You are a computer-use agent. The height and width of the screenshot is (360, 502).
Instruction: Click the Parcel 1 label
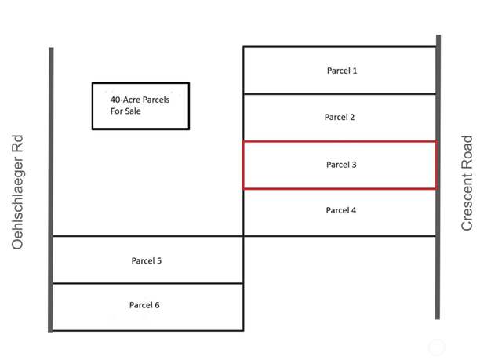(x=342, y=71)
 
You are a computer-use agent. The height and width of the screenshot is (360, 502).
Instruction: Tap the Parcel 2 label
(x=340, y=117)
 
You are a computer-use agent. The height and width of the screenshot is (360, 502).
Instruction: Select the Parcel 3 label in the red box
(x=341, y=165)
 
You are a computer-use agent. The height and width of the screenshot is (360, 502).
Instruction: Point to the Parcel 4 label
(x=341, y=210)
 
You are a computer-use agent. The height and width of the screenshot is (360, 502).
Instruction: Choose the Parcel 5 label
(x=147, y=260)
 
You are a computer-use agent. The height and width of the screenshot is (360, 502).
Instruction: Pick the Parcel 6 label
(x=144, y=305)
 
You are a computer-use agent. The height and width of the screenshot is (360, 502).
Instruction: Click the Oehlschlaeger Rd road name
(x=18, y=192)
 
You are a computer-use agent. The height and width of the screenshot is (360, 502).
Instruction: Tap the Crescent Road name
(x=467, y=183)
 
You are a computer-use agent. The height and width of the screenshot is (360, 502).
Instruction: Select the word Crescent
(x=467, y=200)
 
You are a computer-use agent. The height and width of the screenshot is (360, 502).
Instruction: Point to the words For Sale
(x=125, y=111)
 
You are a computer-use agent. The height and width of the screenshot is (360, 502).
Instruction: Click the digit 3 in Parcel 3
(x=354, y=165)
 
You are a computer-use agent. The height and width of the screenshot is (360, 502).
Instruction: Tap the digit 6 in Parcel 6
(x=157, y=305)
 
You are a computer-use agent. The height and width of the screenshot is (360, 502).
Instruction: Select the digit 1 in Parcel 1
(x=355, y=71)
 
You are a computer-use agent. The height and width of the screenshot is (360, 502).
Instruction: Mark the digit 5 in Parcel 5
(x=158, y=260)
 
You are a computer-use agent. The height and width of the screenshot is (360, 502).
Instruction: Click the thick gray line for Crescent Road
(x=438, y=177)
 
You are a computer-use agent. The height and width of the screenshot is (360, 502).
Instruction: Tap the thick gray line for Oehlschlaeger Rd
(x=50, y=190)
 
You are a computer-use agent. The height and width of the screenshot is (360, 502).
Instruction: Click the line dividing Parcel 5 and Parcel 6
(x=147, y=283)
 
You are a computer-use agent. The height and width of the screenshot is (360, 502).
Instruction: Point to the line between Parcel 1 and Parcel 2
(x=340, y=94)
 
